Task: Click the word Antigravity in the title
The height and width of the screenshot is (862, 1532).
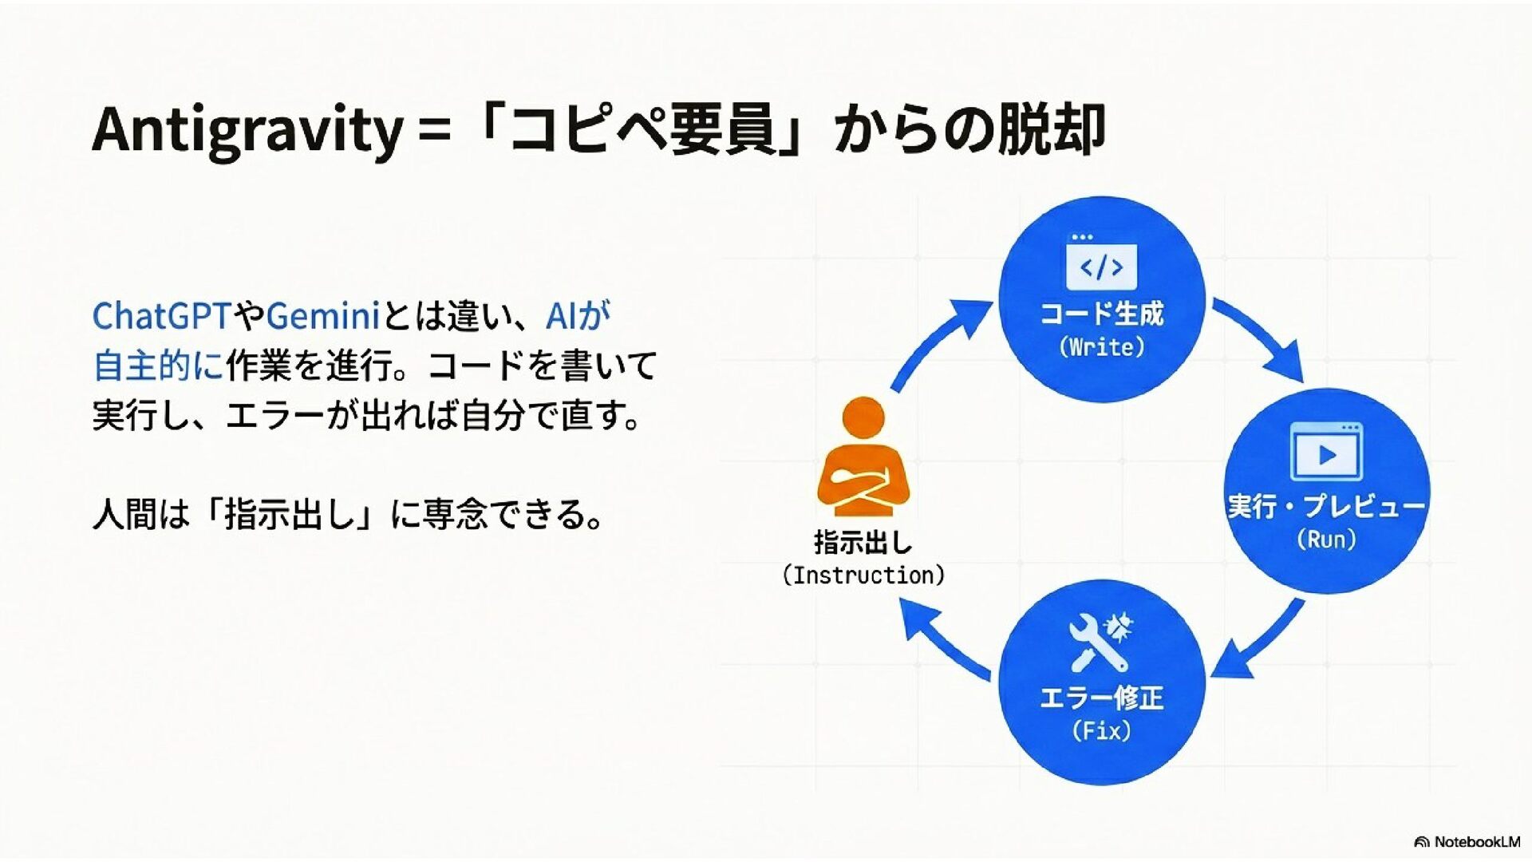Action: (247, 130)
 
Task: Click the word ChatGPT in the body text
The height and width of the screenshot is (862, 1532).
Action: (162, 316)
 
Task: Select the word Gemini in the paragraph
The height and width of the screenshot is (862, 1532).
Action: (322, 316)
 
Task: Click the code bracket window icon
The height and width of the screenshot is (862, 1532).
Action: (1101, 263)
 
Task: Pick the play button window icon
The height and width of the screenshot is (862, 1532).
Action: (1326, 453)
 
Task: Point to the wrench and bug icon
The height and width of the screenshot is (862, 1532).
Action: (1101, 642)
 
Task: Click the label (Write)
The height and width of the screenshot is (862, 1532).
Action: (1102, 347)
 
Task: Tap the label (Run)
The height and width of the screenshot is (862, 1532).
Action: (1326, 540)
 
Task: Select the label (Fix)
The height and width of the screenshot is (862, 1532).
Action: (1101, 730)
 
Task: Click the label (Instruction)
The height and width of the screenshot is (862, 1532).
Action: (863, 575)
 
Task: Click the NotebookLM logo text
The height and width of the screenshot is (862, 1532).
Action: (1476, 842)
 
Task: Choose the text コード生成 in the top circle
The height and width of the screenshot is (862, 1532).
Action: (1101, 314)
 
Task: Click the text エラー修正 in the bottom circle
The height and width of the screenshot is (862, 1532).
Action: (1101, 698)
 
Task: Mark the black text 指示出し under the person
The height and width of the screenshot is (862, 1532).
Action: (863, 543)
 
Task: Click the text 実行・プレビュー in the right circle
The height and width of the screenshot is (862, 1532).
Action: (1326, 506)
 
